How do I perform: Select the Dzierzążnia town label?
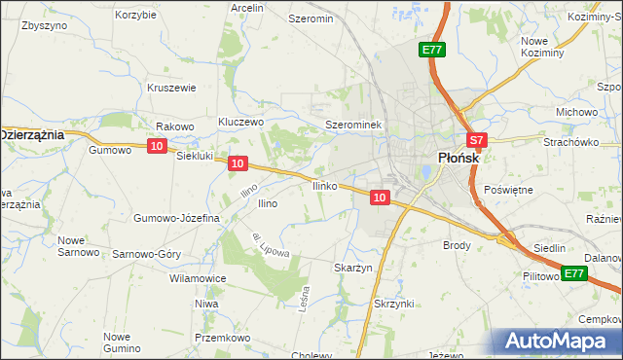[33, 134]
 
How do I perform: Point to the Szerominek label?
[357, 126]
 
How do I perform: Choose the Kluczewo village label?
[241, 123]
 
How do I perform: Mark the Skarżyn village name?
[353, 268]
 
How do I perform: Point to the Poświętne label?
[508, 190]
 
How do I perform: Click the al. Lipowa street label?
[270, 245]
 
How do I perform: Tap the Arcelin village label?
[247, 7]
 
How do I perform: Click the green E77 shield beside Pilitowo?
[574, 273]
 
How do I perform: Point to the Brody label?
[457, 246]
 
